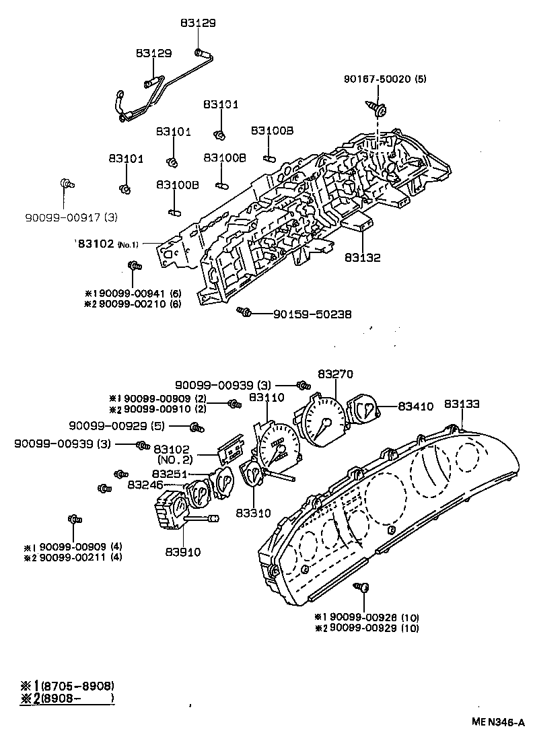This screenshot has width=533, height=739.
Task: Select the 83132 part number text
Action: [363, 257]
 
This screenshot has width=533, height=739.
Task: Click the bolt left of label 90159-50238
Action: [245, 312]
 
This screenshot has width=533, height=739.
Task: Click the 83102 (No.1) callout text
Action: [108, 244]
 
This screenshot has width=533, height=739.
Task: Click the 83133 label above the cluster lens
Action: [462, 404]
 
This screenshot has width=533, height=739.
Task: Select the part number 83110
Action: [267, 398]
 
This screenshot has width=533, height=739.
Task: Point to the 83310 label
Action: [254, 513]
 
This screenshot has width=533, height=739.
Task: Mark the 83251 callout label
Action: [172, 474]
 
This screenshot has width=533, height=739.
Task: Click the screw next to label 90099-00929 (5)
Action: [195, 427]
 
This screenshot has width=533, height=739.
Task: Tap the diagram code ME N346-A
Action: [497, 722]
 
